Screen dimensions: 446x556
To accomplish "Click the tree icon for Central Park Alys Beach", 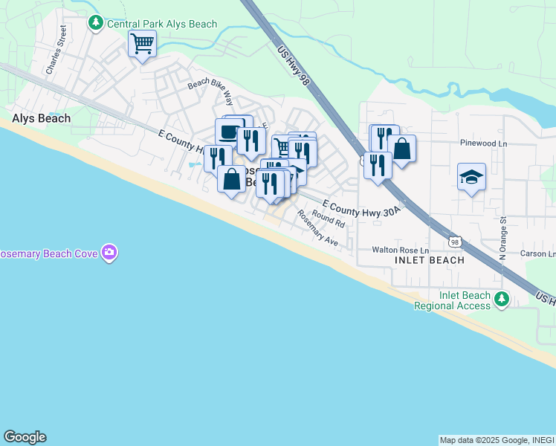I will click(x=95, y=24).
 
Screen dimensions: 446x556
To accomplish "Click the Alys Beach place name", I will click(x=41, y=118).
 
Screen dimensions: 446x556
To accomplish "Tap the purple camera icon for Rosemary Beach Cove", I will click(x=110, y=253).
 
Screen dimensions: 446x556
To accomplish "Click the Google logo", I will click(x=25, y=437).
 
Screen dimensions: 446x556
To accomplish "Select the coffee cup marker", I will click(x=229, y=132).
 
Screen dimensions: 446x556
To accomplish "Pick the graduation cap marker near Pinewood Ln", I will click(x=471, y=177).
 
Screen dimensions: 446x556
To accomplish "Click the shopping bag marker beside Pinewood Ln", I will click(x=401, y=148).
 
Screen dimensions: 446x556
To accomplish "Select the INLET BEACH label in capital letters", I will click(x=430, y=260).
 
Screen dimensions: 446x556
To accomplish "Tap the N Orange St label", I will click(x=502, y=235).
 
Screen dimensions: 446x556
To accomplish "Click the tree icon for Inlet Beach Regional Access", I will click(x=502, y=299).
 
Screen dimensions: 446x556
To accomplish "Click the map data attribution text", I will click(x=497, y=440).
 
